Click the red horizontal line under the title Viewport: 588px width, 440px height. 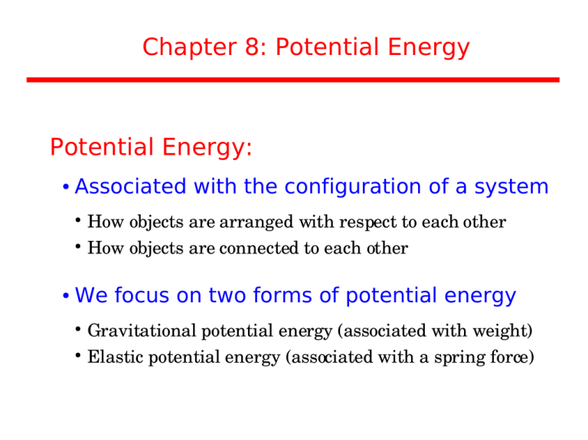[293, 80]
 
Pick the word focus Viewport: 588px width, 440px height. [142, 295]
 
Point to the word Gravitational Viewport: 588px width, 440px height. [142, 331]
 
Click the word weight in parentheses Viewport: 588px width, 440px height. [502, 331]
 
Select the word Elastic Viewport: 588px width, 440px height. [114, 357]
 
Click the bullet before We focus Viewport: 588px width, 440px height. [67, 297]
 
